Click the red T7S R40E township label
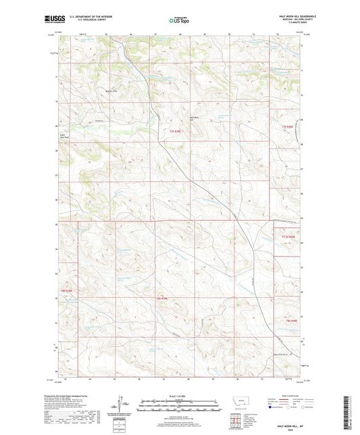pos(289,126)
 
